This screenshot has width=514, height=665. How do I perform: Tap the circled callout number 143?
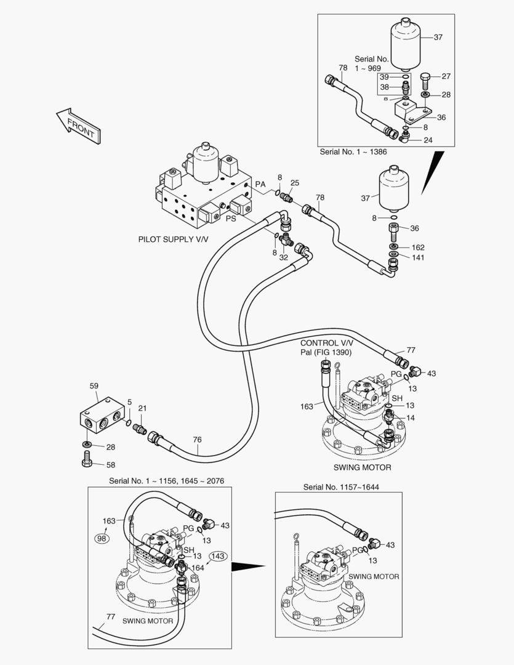coord(219,556)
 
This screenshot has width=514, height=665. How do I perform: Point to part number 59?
coord(94,386)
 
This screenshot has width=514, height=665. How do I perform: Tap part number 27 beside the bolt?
coord(446,77)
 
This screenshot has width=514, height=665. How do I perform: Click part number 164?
coord(198,568)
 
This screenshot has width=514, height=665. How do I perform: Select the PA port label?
coord(260,185)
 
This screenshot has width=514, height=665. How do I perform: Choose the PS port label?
coord(231,218)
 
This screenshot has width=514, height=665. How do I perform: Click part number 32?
coord(284,257)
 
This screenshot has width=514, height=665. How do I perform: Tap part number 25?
coord(295,183)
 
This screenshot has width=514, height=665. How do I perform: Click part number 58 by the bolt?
coord(110,465)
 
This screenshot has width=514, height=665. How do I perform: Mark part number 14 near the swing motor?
coord(411,418)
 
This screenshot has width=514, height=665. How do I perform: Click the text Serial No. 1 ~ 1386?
coord(353,151)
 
